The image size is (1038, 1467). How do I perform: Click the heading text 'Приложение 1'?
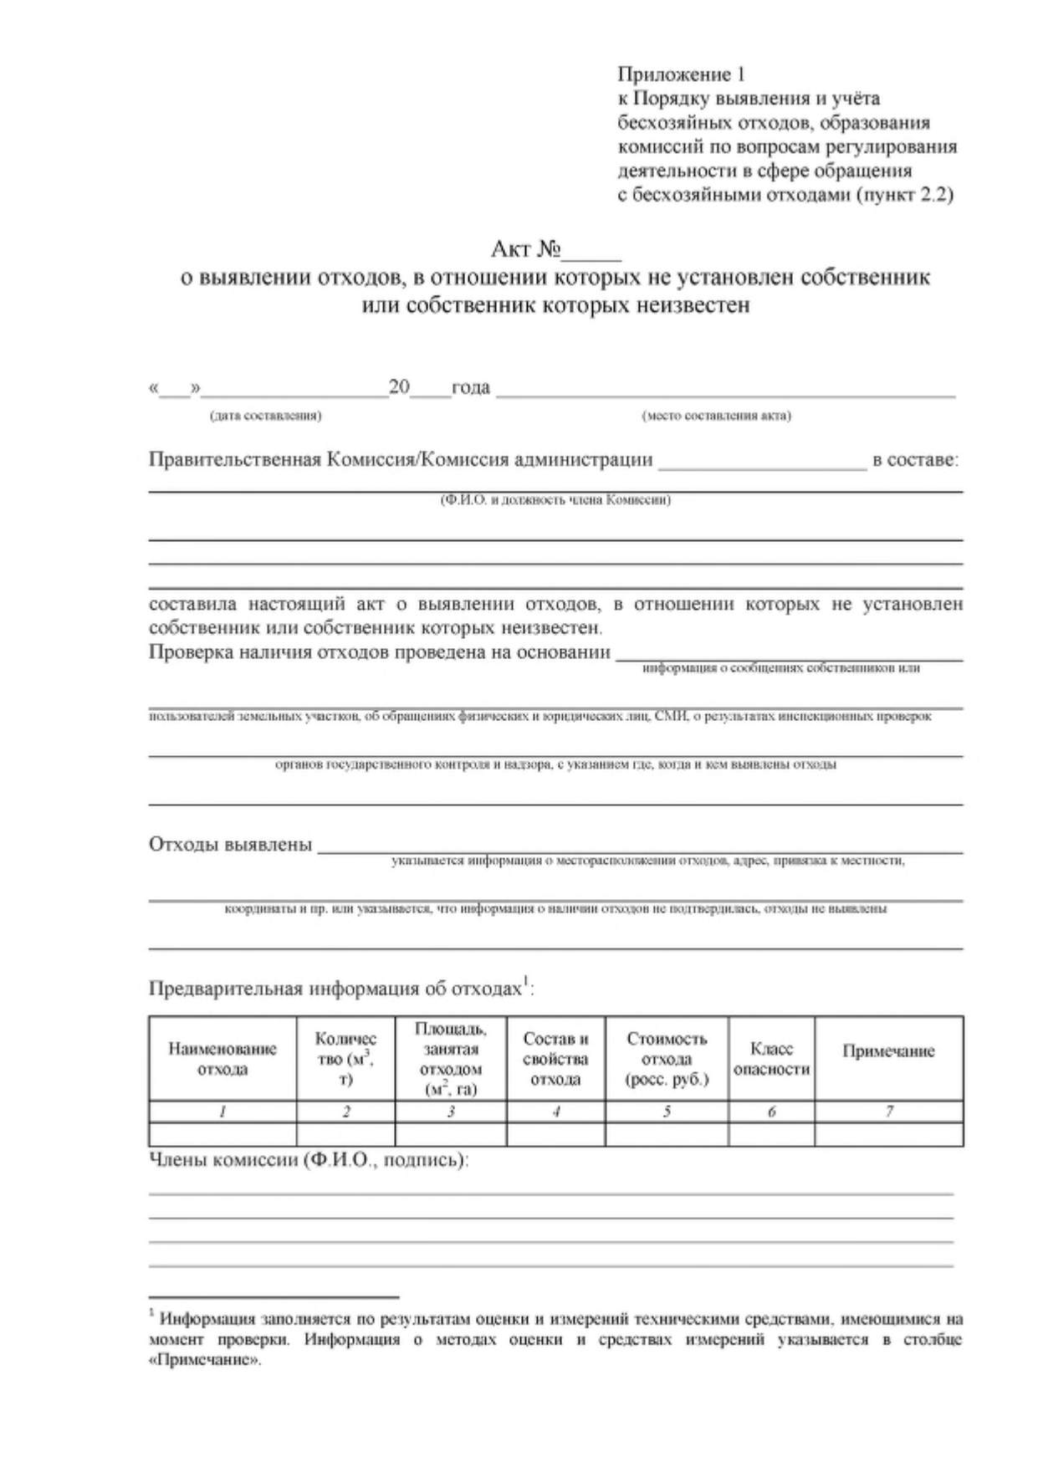click(681, 75)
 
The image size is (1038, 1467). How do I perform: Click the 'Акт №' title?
click(525, 249)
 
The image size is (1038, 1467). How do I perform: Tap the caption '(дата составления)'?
click(265, 416)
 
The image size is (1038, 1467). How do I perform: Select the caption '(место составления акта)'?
click(716, 416)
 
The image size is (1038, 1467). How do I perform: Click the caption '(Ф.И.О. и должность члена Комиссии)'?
click(555, 500)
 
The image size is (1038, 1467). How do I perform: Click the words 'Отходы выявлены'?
click(230, 844)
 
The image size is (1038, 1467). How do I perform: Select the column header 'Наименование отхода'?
click(222, 1059)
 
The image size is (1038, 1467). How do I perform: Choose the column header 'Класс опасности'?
click(771, 1059)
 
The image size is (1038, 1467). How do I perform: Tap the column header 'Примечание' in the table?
click(888, 1051)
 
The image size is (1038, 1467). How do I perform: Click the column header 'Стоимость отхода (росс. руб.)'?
click(667, 1059)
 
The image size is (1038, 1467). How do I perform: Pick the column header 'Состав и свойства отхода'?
click(555, 1059)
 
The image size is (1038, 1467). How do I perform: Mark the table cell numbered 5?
click(667, 1112)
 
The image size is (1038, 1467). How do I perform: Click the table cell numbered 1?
click(222, 1112)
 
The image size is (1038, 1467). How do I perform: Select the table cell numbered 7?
click(888, 1112)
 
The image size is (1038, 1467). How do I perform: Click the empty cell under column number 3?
click(451, 1134)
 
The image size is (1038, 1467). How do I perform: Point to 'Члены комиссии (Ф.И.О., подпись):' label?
click(309, 1160)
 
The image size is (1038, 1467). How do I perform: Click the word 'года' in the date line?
click(471, 387)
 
